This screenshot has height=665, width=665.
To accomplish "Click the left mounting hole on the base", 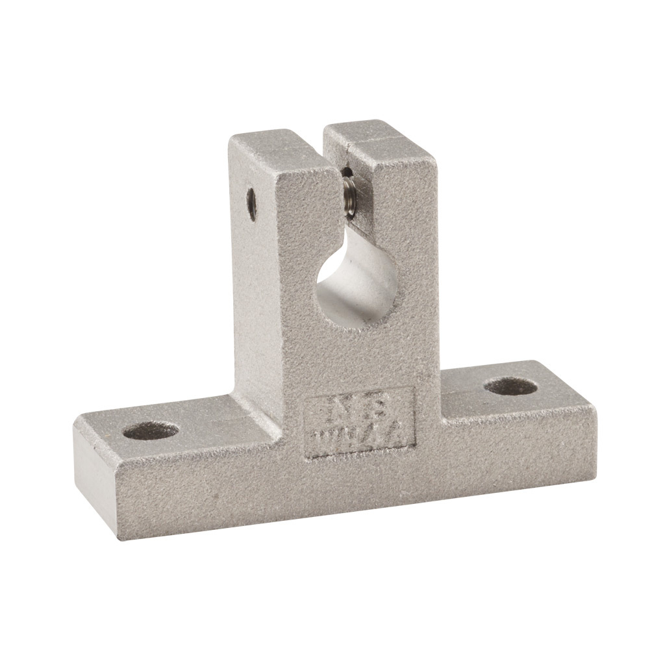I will (150, 430).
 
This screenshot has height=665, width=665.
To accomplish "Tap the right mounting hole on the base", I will (510, 386).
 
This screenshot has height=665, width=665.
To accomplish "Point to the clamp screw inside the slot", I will (349, 191).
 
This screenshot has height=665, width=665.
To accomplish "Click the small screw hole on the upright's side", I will (251, 203).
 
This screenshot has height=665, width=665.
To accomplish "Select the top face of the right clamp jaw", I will (380, 138).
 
